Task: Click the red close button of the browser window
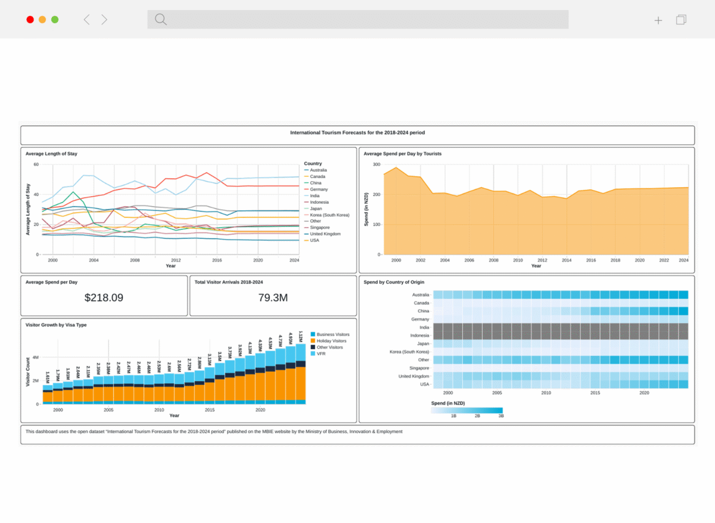(x=30, y=20)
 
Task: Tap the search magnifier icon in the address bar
(x=160, y=20)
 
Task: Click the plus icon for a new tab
(x=658, y=20)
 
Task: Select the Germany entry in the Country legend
(x=319, y=189)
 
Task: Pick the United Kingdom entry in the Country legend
(x=325, y=234)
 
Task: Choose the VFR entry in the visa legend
(x=321, y=354)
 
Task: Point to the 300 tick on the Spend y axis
(x=376, y=164)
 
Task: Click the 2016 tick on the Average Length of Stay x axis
(x=217, y=260)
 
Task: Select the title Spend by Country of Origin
(x=394, y=282)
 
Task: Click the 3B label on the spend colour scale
(x=500, y=416)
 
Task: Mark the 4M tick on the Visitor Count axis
(x=35, y=357)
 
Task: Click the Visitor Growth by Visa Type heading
(x=56, y=325)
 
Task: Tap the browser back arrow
(x=86, y=20)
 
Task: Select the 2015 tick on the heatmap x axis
(x=595, y=393)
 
